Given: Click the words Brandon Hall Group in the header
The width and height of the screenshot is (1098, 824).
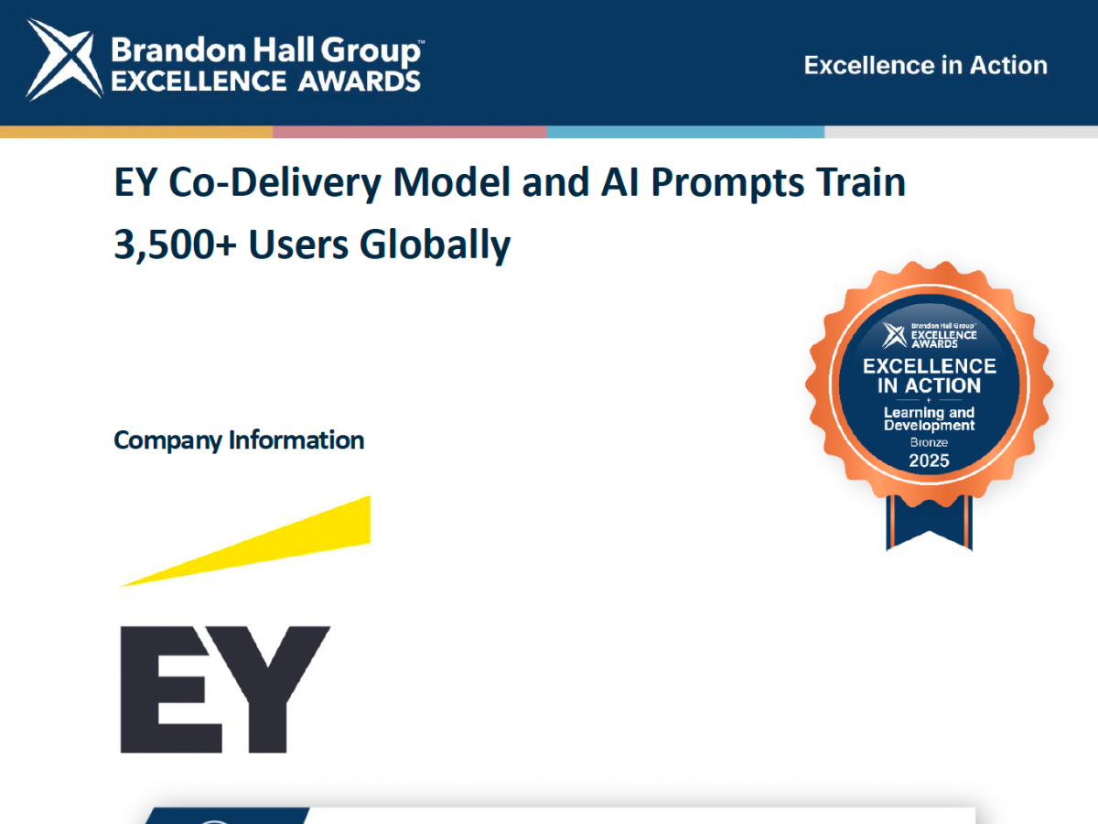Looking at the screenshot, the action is pos(266,51).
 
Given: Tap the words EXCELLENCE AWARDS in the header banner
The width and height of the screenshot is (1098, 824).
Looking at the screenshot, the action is pos(265,81).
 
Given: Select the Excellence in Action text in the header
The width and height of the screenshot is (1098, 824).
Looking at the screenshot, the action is pos(925,66).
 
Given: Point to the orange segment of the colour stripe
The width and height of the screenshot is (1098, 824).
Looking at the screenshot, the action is pos(136,132).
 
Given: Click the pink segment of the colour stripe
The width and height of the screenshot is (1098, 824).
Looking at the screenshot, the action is pos(410,132).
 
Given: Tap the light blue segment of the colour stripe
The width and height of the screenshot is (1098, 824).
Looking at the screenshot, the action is pos(685,132).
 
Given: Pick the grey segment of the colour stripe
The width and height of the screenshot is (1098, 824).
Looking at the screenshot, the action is pos(961,132).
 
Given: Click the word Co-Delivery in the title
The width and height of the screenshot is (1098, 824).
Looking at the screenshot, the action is pos(274,183).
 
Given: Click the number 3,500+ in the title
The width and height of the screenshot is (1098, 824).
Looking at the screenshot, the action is pos(175,244).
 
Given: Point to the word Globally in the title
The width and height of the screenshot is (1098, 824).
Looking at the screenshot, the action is pos(435,245).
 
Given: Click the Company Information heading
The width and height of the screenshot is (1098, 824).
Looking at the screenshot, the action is pos(239,440).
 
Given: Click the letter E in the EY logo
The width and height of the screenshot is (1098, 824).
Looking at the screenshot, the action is pos(171,689).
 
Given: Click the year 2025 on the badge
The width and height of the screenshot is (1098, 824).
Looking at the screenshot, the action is pos(929,461).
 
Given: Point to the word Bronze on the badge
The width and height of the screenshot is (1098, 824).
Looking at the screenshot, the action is pos(929,443).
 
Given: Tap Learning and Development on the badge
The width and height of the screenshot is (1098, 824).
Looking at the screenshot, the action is pos(929,418).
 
